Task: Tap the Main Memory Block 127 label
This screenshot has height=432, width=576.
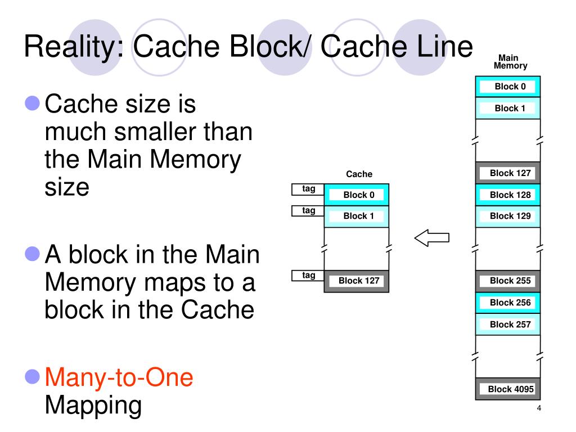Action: coord(510,173)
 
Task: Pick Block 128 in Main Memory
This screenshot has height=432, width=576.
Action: coord(510,195)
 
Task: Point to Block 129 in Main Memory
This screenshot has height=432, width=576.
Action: coord(510,216)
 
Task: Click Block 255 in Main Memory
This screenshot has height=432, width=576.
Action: coord(510,281)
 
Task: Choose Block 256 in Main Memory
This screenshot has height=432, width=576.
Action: coord(510,303)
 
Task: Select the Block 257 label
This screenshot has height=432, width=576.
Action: coord(510,325)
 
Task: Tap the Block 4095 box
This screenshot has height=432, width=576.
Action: coord(510,389)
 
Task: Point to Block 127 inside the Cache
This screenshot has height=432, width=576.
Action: coord(358,281)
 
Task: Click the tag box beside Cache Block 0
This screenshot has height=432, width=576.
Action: coord(308,190)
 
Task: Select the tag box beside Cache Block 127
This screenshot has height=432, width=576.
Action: coord(308,276)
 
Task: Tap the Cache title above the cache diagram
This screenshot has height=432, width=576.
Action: coord(359,174)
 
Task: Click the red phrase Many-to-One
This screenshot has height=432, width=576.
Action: coord(119,377)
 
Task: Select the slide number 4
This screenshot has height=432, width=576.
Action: coord(539,409)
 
